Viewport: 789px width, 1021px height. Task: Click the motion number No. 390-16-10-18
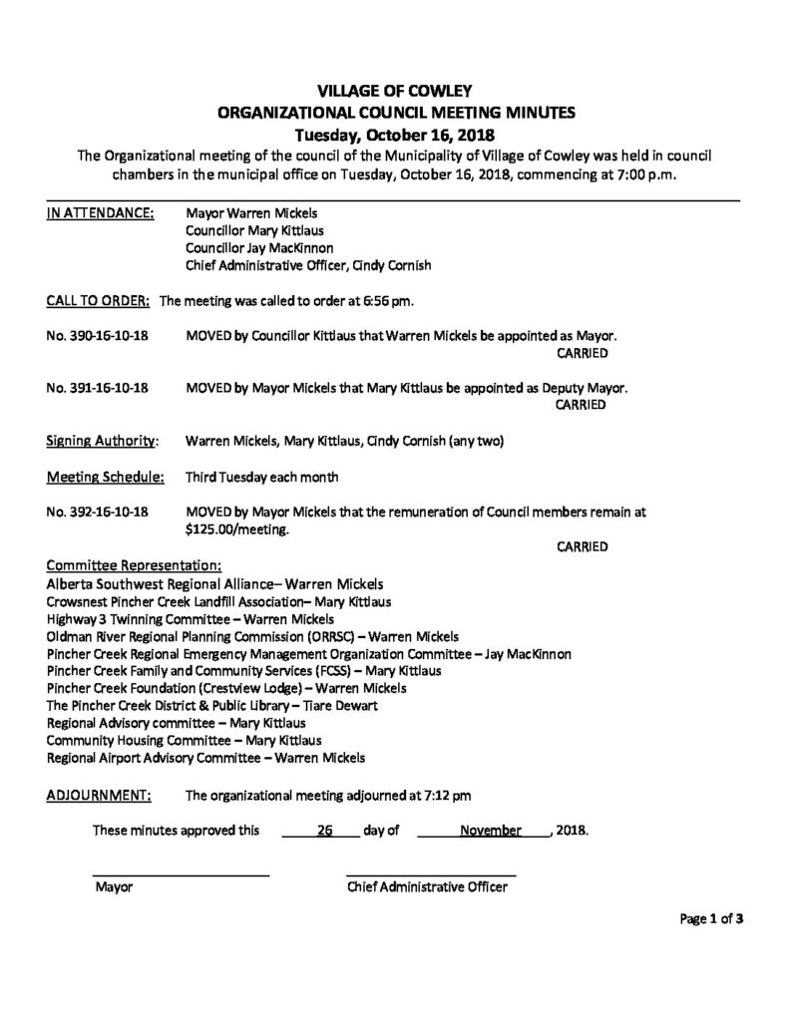point(98,337)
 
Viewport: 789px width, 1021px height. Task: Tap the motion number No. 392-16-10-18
point(98,512)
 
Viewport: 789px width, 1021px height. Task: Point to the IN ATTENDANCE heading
point(100,213)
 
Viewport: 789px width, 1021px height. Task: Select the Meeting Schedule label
point(105,477)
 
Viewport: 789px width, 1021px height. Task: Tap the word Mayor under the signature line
point(113,886)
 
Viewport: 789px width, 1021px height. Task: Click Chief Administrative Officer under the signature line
point(427,886)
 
